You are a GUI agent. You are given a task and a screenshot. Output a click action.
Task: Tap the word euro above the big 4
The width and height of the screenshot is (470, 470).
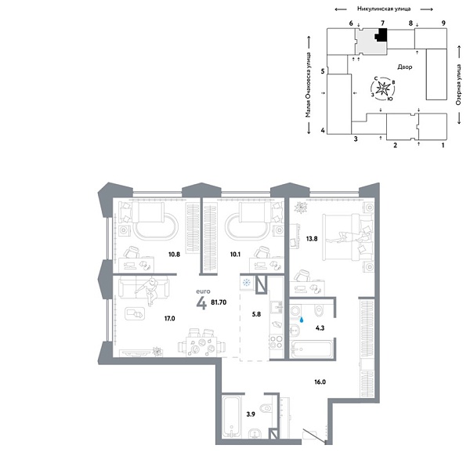[x=202, y=291]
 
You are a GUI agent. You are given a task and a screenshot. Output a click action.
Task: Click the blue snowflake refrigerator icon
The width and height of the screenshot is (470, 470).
[x=246, y=283]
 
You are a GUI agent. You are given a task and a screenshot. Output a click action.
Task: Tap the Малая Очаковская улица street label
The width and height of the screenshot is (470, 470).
[x=309, y=86]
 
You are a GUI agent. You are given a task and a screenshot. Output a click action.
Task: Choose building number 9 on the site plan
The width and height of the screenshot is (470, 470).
[x=443, y=24]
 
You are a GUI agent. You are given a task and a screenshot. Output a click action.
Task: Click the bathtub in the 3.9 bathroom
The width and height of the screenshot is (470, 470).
[x=232, y=417]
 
